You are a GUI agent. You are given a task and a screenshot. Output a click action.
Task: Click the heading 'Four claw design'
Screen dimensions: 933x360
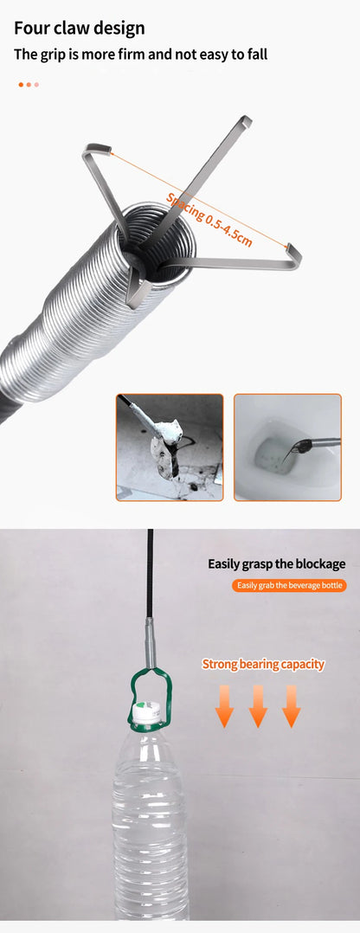click(80, 28)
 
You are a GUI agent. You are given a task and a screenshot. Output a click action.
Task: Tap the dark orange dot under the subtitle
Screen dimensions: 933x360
click(21, 84)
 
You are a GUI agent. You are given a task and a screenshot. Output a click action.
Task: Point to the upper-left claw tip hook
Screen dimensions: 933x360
click(97, 148)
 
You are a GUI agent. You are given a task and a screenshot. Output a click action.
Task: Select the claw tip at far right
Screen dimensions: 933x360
click(292, 256)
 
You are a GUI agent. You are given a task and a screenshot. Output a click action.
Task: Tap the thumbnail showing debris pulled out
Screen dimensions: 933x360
click(170, 447)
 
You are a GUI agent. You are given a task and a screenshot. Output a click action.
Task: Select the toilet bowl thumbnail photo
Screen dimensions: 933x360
click(287, 447)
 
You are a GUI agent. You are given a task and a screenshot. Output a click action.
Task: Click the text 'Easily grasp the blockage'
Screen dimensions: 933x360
click(276, 563)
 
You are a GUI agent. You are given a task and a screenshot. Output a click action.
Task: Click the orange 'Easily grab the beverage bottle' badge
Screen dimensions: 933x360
click(290, 586)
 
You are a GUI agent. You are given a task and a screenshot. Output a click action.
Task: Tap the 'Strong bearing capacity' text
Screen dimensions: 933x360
click(263, 665)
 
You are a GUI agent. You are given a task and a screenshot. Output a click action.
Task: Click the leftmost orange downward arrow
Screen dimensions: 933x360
click(225, 705)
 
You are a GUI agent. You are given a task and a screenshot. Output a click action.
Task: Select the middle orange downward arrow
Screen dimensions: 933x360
click(258, 705)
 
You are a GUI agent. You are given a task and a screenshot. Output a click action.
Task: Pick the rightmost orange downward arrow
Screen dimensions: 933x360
click(291, 705)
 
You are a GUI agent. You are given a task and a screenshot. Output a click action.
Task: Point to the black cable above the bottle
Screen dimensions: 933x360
click(150, 571)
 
